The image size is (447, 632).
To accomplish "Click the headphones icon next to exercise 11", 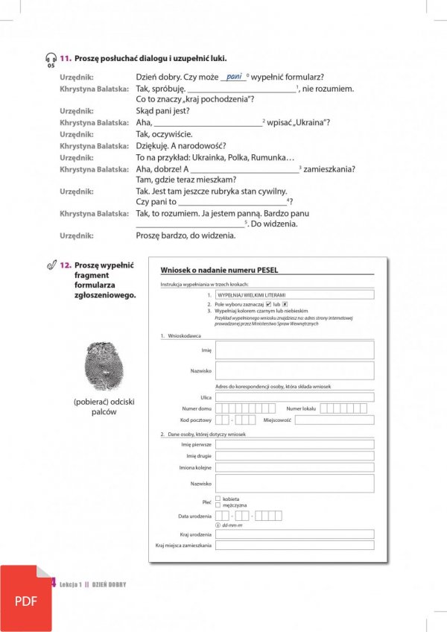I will pos(50,58).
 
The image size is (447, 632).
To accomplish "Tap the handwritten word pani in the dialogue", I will pos(235,76).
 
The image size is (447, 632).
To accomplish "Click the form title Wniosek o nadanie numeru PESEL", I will pos(209,271).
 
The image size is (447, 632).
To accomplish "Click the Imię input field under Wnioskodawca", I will pos(294,350).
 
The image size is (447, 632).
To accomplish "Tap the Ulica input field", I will pos(294,397).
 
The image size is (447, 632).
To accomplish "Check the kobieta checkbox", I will pos(218,498).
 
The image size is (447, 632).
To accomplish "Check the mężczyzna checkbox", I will pos(218,505).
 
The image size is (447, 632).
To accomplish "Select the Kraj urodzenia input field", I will pos(294,534).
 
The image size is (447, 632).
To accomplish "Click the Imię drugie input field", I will pos(294,455).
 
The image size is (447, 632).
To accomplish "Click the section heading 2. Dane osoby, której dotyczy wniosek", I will pos(203,433).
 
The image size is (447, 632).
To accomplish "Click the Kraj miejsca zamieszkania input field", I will pos(294,546).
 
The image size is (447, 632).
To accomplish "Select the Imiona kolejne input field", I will pos(294,467).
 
